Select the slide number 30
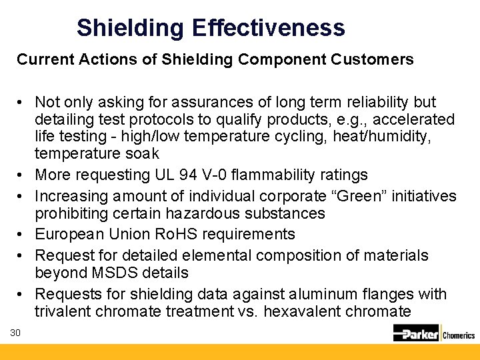coord(16,333)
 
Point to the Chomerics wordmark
coord(458,335)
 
